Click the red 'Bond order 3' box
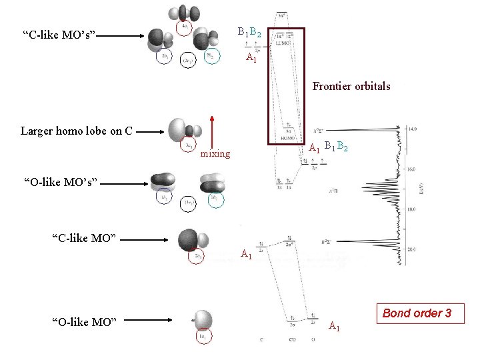pyautogui.click(x=417, y=313)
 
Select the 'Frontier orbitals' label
pyautogui.click(x=351, y=86)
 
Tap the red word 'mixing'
pyautogui.click(x=215, y=154)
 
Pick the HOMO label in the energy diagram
pyautogui.click(x=289, y=138)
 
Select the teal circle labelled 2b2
pyautogui.click(x=211, y=57)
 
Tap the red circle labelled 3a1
pyautogui.click(x=189, y=144)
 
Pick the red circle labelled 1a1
pyautogui.click(x=202, y=337)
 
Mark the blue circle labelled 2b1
pyautogui.click(x=164, y=57)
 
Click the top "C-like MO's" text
pyautogui.click(x=59, y=33)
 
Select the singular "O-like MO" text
pyautogui.click(x=85, y=323)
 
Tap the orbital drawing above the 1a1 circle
pyautogui.click(x=201, y=319)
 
